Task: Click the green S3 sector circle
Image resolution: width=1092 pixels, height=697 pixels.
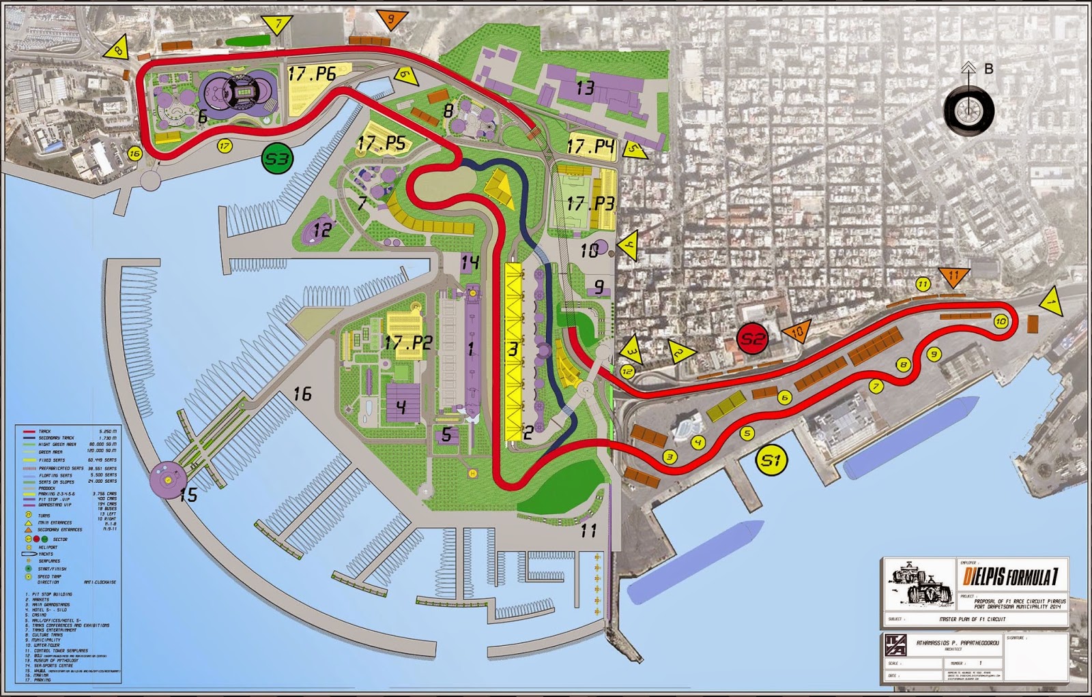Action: (x=277, y=159)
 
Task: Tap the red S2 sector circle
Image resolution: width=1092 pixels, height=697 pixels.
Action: (x=753, y=338)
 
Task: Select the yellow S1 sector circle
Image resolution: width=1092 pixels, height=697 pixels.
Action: (x=771, y=461)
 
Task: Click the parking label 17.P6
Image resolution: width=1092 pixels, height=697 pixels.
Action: (x=312, y=74)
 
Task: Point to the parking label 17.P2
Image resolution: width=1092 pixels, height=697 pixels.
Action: (x=408, y=342)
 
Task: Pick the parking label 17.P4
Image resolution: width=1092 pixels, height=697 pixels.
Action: (x=590, y=147)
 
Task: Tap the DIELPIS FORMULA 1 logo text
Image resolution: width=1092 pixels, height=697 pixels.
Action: (x=1012, y=578)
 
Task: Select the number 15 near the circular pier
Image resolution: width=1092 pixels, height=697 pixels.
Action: (x=188, y=494)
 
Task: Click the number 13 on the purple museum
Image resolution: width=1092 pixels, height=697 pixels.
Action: (x=585, y=88)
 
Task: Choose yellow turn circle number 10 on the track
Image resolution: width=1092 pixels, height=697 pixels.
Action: (x=1001, y=321)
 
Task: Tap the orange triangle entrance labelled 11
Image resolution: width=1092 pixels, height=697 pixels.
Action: (x=954, y=276)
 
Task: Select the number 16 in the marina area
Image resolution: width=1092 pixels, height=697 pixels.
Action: (x=302, y=394)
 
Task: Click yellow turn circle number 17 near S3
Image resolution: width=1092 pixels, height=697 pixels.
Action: (x=225, y=145)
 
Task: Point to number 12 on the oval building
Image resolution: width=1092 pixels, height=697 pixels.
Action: (x=321, y=229)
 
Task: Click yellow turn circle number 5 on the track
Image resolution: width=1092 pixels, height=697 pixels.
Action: (x=747, y=433)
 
